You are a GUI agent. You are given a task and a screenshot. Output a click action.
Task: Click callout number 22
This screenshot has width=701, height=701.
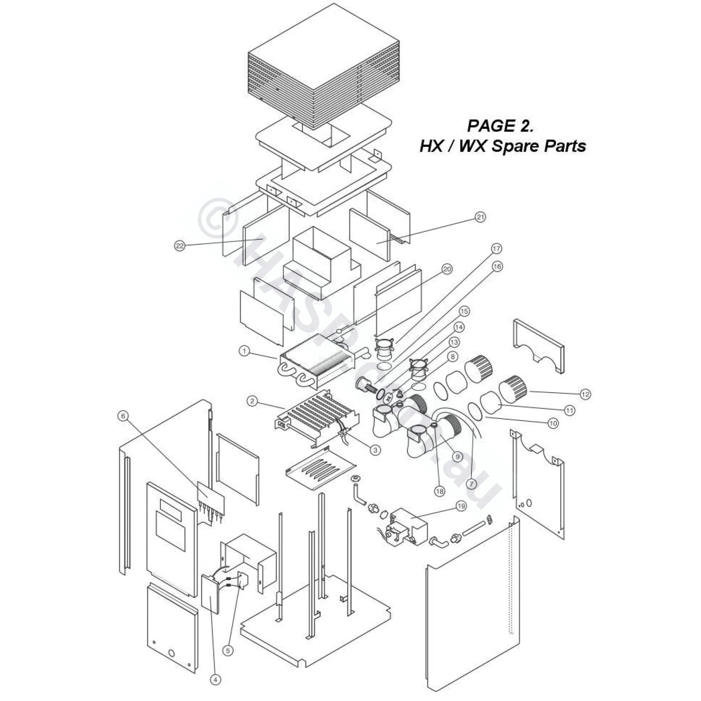point(180,246)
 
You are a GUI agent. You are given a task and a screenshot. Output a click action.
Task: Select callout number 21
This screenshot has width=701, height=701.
point(481,217)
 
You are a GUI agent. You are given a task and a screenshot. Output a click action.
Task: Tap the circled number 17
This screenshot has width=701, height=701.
point(496,249)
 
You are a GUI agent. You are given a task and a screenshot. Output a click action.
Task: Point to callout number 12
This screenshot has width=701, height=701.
point(585,394)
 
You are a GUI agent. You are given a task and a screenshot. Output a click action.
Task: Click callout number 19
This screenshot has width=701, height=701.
point(461,506)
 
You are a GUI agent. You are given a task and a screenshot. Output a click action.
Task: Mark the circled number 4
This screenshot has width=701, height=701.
point(215,680)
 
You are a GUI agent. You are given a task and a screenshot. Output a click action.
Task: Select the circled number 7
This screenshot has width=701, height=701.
point(471,484)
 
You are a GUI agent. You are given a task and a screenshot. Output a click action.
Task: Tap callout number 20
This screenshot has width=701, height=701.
point(446,269)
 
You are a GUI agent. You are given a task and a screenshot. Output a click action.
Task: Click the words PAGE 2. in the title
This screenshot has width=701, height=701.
point(500,126)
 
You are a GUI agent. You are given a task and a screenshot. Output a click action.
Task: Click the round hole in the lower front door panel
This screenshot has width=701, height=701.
point(172,654)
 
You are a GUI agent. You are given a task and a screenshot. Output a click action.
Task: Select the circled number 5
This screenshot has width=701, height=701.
point(227,651)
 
